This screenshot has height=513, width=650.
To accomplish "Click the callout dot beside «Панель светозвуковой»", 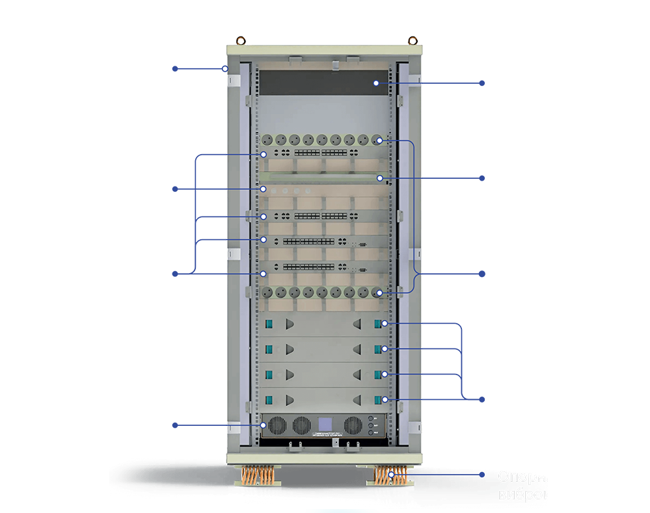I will (482, 83).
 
